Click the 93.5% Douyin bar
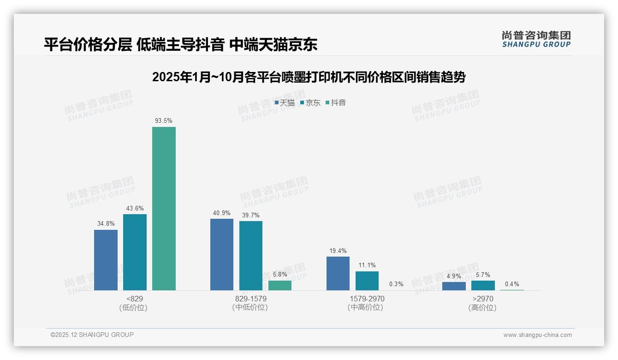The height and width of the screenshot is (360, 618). (164, 209)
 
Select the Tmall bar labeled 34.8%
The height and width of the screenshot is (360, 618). (106, 260)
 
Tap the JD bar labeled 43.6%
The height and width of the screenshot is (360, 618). (135, 252)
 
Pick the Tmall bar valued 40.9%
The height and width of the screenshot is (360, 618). (222, 254)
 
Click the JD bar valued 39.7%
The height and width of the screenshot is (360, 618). (251, 256)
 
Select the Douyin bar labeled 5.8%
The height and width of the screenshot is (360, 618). (280, 285)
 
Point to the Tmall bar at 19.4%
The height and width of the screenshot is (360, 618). (338, 273)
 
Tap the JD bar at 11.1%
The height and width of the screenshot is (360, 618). (367, 281)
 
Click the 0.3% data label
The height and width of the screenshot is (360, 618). (396, 284)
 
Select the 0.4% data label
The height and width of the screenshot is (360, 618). (512, 284)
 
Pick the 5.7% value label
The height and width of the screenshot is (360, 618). (483, 275)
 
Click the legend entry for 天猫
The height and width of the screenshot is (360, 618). (285, 102)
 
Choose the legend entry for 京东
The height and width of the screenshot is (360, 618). (310, 102)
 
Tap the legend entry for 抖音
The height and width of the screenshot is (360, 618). (336, 102)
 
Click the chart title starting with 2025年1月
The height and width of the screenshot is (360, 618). (309, 77)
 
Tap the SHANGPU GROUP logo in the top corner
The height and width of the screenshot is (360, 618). (536, 39)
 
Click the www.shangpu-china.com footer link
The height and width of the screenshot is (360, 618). (537, 335)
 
